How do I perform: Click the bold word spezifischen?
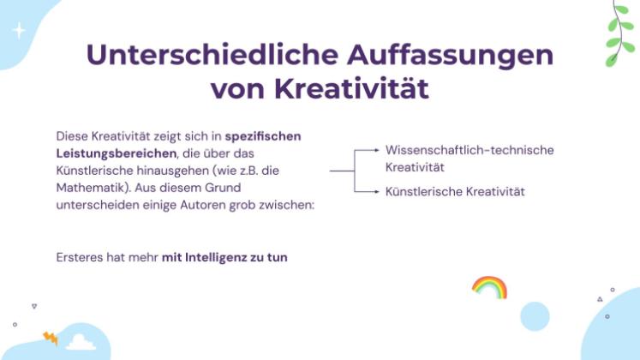[263, 135]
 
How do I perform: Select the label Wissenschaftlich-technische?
[470, 150]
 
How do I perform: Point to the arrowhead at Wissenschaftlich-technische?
[376, 150]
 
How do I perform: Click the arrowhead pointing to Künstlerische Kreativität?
[376, 190]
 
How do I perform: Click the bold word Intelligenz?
[224, 256]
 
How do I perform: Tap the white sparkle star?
[19, 31]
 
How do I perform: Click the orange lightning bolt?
[50, 338]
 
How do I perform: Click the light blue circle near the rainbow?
[535, 316]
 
